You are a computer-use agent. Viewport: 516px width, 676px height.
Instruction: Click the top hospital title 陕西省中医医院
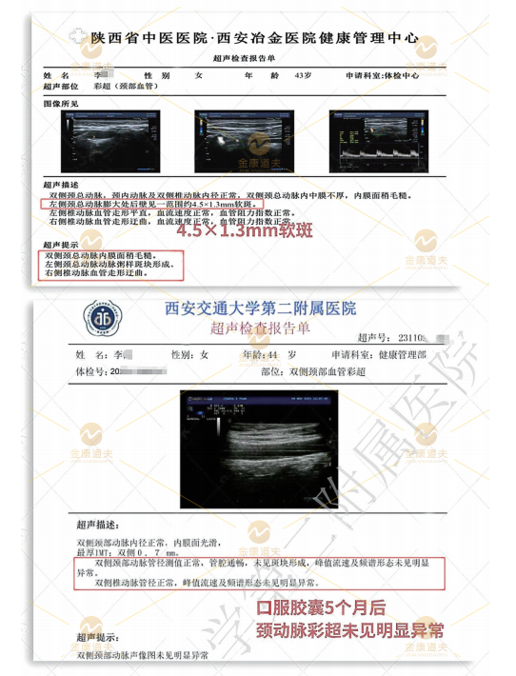tap(147, 39)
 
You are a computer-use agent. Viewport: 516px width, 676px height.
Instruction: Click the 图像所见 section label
tap(58, 99)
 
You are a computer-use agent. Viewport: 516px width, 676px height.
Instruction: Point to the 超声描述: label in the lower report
tap(99, 525)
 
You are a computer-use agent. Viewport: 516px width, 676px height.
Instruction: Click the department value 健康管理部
tap(404, 355)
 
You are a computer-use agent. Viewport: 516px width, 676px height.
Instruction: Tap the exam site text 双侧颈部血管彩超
tap(327, 372)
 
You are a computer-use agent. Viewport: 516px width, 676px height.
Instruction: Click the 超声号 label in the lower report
tap(374, 337)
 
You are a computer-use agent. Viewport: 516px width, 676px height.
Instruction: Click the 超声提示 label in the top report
tap(58, 246)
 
